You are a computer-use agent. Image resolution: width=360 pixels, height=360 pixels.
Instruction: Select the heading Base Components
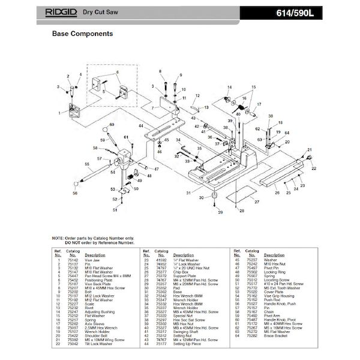pos(82,34)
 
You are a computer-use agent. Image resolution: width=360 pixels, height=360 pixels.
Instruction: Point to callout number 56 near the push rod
pos(75,193)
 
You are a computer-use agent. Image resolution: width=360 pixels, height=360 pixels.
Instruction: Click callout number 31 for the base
pos(187,193)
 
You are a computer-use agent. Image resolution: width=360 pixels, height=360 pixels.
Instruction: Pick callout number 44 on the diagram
pos(139,127)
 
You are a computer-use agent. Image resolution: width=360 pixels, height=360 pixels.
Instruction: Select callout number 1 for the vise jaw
pos(59,112)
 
